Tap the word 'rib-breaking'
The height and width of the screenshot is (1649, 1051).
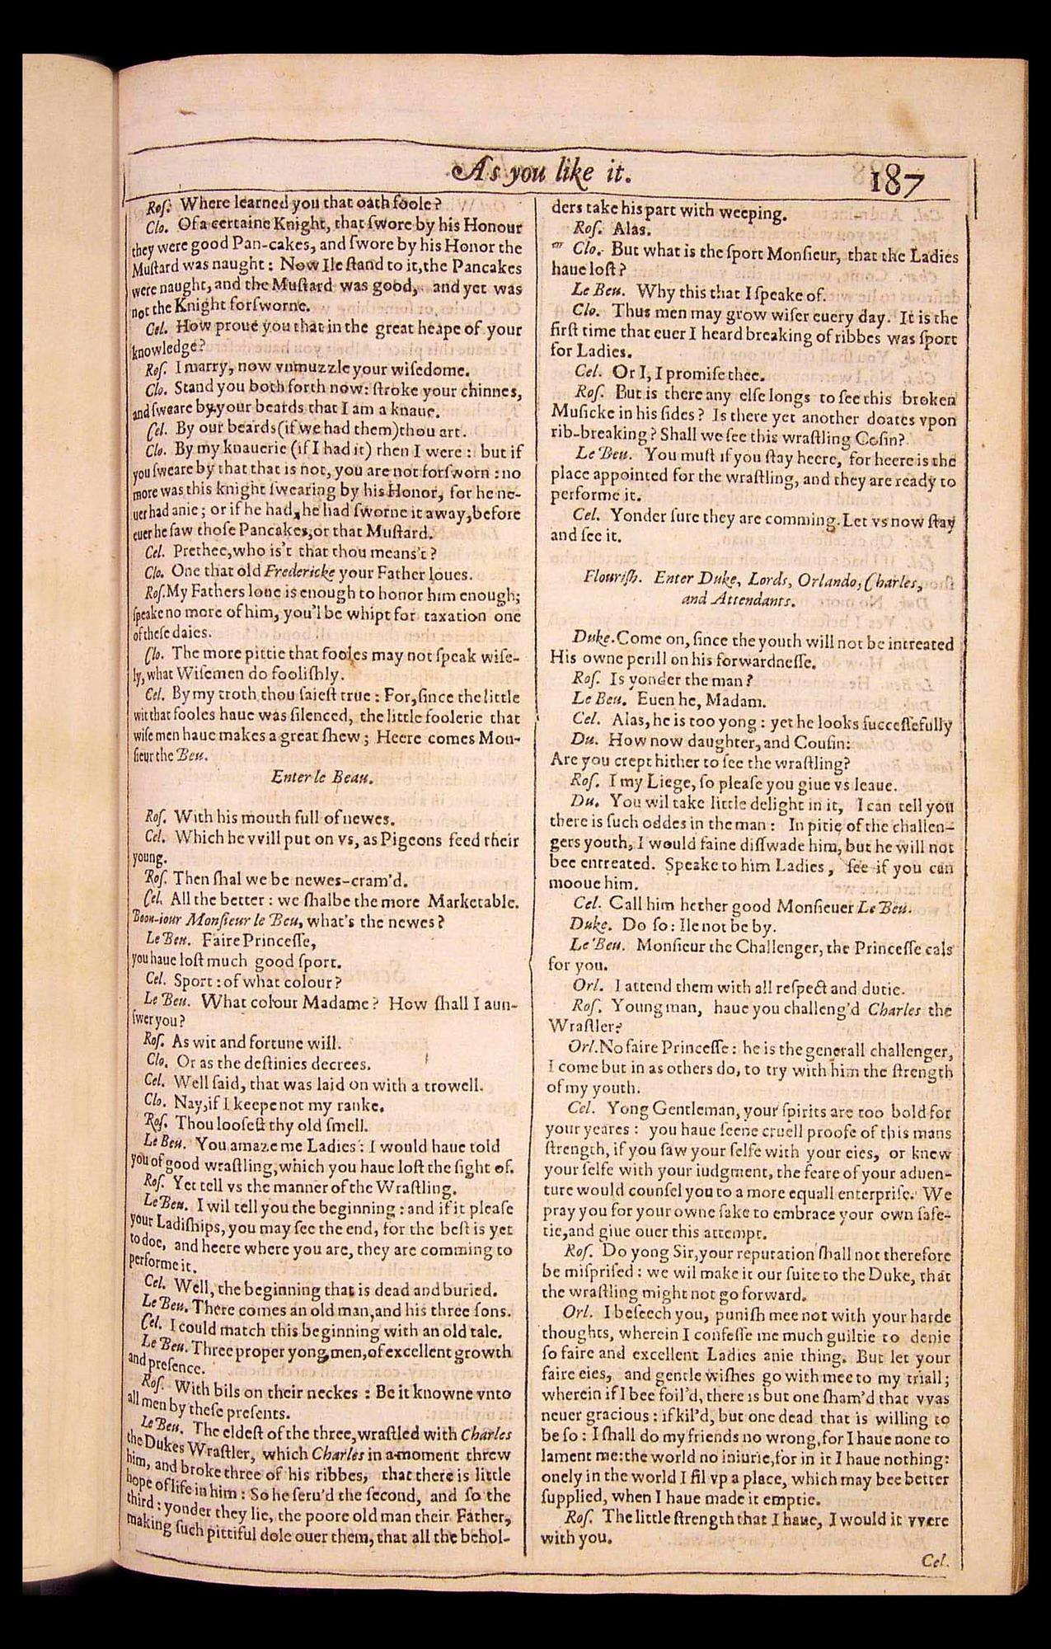tap(594, 439)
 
